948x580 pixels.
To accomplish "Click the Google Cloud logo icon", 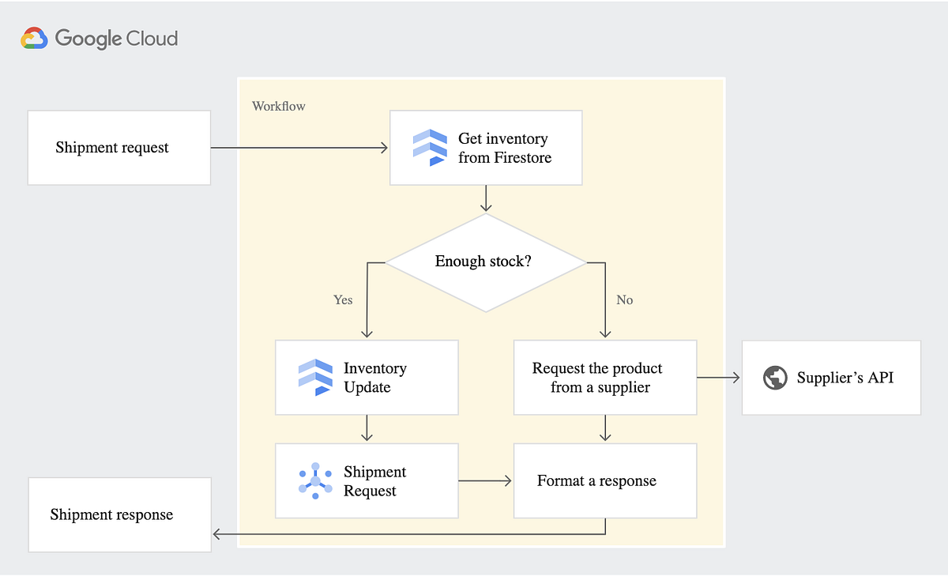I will (35, 39).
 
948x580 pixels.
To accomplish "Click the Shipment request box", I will (119, 148).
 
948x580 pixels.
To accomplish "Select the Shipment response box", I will (119, 514).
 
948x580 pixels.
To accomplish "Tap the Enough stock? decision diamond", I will (483, 262).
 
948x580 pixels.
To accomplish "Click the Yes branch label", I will (343, 300).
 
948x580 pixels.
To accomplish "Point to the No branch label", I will (624, 300).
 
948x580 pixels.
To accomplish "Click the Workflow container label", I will (278, 106).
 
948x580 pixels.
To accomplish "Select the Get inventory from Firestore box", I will (486, 148).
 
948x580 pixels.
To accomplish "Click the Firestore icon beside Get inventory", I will (430, 148).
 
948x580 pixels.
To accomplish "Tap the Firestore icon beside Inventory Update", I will (315, 377).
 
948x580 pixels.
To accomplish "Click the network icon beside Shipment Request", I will (315, 480).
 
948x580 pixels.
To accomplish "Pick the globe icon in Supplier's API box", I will (775, 378).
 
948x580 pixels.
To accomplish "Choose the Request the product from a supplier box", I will (605, 378).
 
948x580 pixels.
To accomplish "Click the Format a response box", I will (605, 480).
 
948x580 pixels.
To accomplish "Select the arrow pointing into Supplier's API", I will (719, 378).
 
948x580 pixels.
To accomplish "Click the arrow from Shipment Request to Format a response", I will (485, 480).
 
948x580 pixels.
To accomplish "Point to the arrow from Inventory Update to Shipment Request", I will (367, 428).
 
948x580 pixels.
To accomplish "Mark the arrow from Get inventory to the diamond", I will (486, 199).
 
